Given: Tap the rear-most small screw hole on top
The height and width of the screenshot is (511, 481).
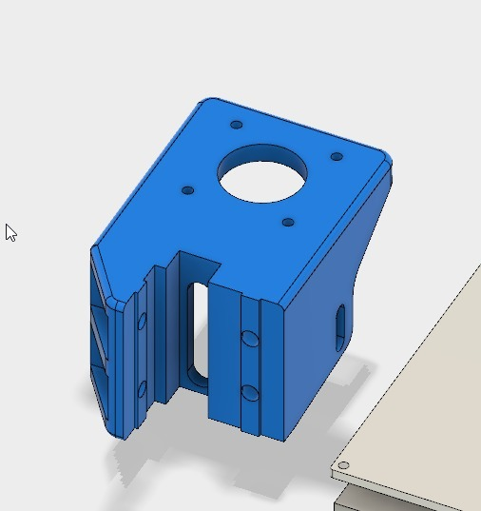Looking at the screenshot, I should [237, 125].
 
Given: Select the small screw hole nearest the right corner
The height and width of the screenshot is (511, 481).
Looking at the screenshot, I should [337, 156].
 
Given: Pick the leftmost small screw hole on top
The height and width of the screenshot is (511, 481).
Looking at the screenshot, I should [188, 190].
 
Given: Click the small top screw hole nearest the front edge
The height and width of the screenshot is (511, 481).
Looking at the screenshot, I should [288, 223].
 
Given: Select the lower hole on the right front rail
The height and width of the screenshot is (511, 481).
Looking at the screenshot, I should [249, 392].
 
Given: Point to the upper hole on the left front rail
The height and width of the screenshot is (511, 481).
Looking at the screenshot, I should [142, 322].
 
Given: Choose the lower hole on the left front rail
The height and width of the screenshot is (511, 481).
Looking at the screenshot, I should [142, 388].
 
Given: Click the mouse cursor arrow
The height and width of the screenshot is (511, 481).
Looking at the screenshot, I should [10, 231].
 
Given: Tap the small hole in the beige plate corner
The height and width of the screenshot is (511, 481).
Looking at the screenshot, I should [343, 465].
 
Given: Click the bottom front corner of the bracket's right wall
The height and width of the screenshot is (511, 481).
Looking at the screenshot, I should [284, 440].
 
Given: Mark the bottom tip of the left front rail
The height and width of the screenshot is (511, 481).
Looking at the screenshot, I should [121, 435].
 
